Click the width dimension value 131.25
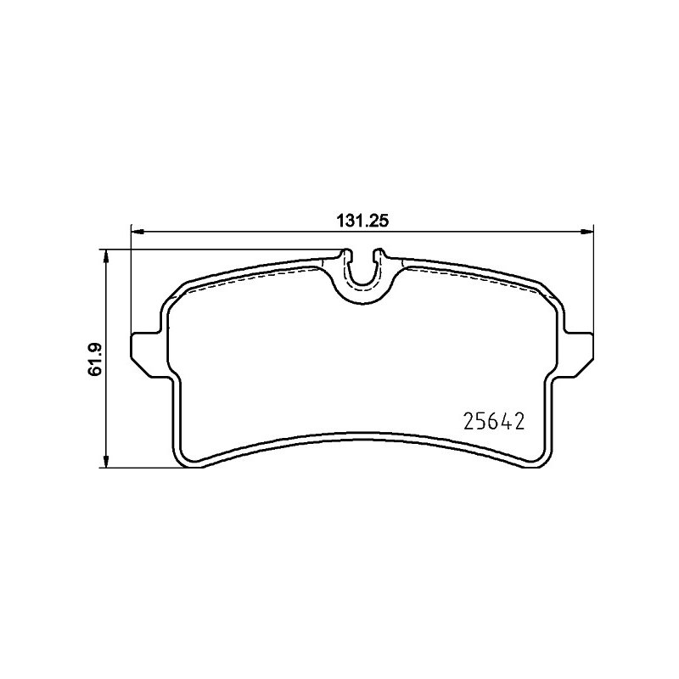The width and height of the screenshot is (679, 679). (x=363, y=221)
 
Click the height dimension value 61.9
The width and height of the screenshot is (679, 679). (x=94, y=359)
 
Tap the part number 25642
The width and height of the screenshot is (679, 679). (x=494, y=421)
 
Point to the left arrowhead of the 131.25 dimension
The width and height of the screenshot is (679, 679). (x=137, y=232)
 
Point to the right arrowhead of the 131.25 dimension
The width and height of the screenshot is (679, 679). (x=586, y=232)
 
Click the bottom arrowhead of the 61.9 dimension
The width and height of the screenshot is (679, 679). (x=104, y=461)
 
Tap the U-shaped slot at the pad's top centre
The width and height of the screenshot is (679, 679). (x=363, y=283)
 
